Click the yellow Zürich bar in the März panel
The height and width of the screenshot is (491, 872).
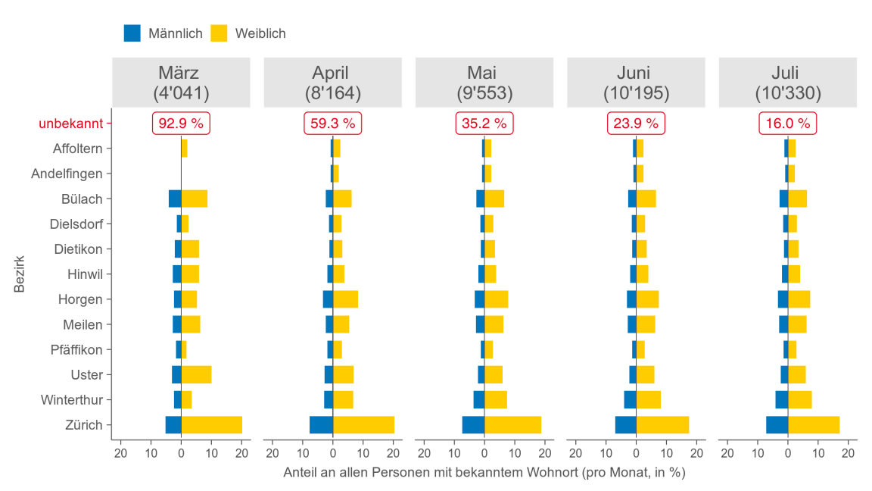[x=212, y=424]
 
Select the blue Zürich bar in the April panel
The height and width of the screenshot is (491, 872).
[x=321, y=424]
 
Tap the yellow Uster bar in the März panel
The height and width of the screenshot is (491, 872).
[x=196, y=374]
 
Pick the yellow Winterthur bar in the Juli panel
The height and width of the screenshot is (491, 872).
[x=800, y=399]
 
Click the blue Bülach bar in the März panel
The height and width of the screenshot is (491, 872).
[x=175, y=199]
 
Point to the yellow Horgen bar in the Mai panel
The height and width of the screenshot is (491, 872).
[x=497, y=299]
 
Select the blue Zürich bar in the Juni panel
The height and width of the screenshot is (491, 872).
[x=625, y=424]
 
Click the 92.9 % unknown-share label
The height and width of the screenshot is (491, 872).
[x=182, y=123]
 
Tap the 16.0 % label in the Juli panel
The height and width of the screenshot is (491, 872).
[x=788, y=123]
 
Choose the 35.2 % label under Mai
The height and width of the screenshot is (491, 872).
[x=484, y=123]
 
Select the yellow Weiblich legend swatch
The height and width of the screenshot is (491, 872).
[x=219, y=33]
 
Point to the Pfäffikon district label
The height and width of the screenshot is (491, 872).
[x=76, y=349]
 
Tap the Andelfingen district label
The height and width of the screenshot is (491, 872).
[x=67, y=174]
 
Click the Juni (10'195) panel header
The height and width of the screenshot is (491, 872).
[x=636, y=83]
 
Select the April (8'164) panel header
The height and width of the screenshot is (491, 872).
[x=333, y=83]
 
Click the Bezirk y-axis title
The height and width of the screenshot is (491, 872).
[x=20, y=274]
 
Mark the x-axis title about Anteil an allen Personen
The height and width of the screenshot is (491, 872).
[x=484, y=472]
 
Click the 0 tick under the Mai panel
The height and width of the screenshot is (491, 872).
[x=484, y=453]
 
